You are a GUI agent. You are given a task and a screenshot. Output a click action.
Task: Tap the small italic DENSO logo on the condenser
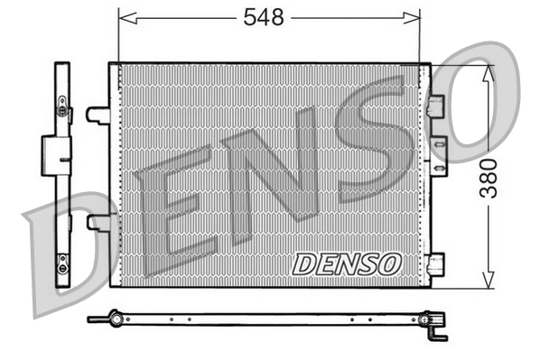[x=347, y=263]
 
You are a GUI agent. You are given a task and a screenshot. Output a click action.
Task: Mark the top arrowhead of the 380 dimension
[x=488, y=72]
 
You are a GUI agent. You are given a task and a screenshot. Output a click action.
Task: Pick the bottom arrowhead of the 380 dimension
[x=488, y=281]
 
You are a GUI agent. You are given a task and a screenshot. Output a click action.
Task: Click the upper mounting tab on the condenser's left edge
[x=98, y=115]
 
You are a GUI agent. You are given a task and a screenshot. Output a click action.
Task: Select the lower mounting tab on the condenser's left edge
[x=98, y=222]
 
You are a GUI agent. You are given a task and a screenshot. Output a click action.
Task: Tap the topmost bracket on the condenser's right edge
[x=437, y=106]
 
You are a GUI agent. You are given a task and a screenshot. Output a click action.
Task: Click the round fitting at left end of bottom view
[x=114, y=318]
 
